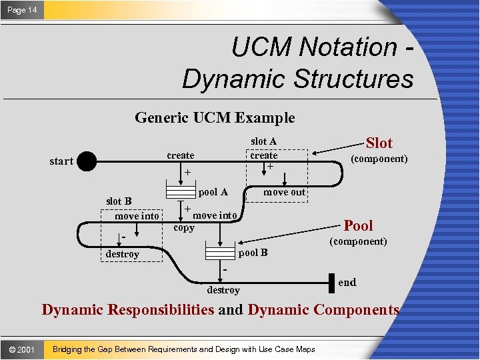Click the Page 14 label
23,10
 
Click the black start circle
87,160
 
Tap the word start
61,161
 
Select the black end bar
331,283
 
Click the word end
347,282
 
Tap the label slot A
263,141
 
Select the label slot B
119,201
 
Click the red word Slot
379,143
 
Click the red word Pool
358,225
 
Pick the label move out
284,192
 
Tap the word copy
184,228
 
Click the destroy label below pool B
223,290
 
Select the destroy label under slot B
123,254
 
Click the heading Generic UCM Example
215,118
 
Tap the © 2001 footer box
22,349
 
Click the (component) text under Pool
359,241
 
